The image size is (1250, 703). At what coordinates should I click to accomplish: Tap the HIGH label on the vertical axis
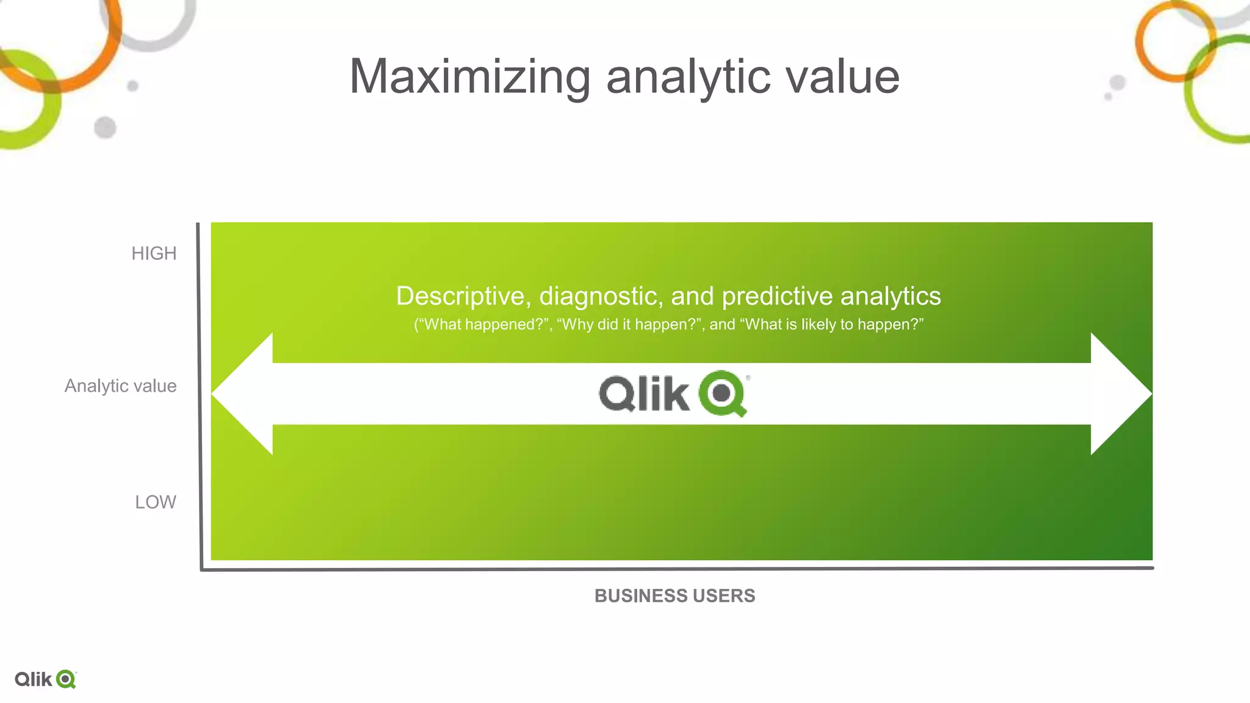coord(154,253)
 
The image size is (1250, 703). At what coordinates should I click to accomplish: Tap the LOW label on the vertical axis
coord(156,502)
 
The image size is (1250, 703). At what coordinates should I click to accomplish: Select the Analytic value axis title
coord(121,386)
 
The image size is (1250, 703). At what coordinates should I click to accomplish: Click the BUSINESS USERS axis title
coord(674,596)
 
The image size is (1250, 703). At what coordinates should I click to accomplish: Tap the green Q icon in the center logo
coord(723,393)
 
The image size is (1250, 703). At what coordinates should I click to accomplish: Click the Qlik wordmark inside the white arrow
coord(644,394)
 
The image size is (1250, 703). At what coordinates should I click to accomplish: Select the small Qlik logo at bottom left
coord(45,679)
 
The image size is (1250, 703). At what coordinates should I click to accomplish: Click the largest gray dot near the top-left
coord(105,128)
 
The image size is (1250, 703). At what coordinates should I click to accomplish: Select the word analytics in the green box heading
coord(891,296)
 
